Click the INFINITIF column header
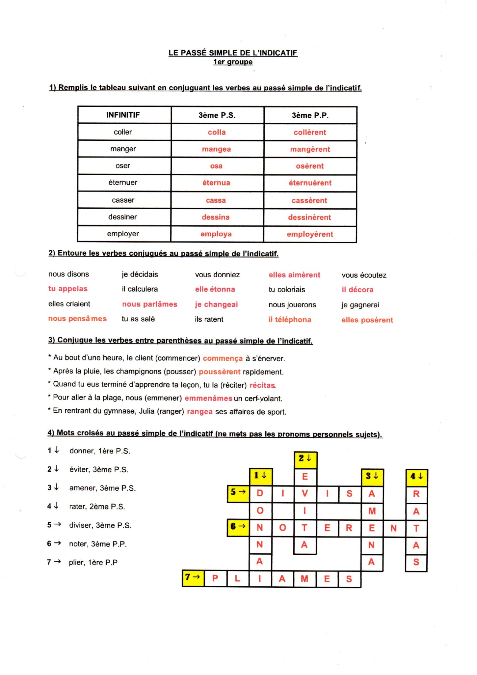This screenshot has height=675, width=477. [123, 115]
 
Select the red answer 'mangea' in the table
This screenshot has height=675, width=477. [216, 149]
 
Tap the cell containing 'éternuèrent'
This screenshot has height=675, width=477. [310, 183]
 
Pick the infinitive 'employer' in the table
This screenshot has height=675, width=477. [123, 234]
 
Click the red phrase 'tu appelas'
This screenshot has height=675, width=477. [68, 289]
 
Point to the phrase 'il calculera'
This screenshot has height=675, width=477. [140, 289]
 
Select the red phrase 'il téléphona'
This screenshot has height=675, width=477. [289, 320]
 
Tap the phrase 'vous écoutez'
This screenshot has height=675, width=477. [364, 275]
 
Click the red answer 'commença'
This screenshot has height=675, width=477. [223, 359]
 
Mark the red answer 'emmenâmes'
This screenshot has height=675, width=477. [208, 398]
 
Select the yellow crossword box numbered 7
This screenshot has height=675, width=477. [193, 579]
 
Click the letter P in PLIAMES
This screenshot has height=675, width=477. [215, 579]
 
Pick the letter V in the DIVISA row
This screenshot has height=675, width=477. [305, 494]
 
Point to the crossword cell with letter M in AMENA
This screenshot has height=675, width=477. [372, 511]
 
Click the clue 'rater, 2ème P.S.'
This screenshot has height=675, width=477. [97, 507]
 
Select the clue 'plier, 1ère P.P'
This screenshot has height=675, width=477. [93, 562]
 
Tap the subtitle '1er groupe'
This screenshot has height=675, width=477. [233, 62]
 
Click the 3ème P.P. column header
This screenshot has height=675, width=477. [310, 115]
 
